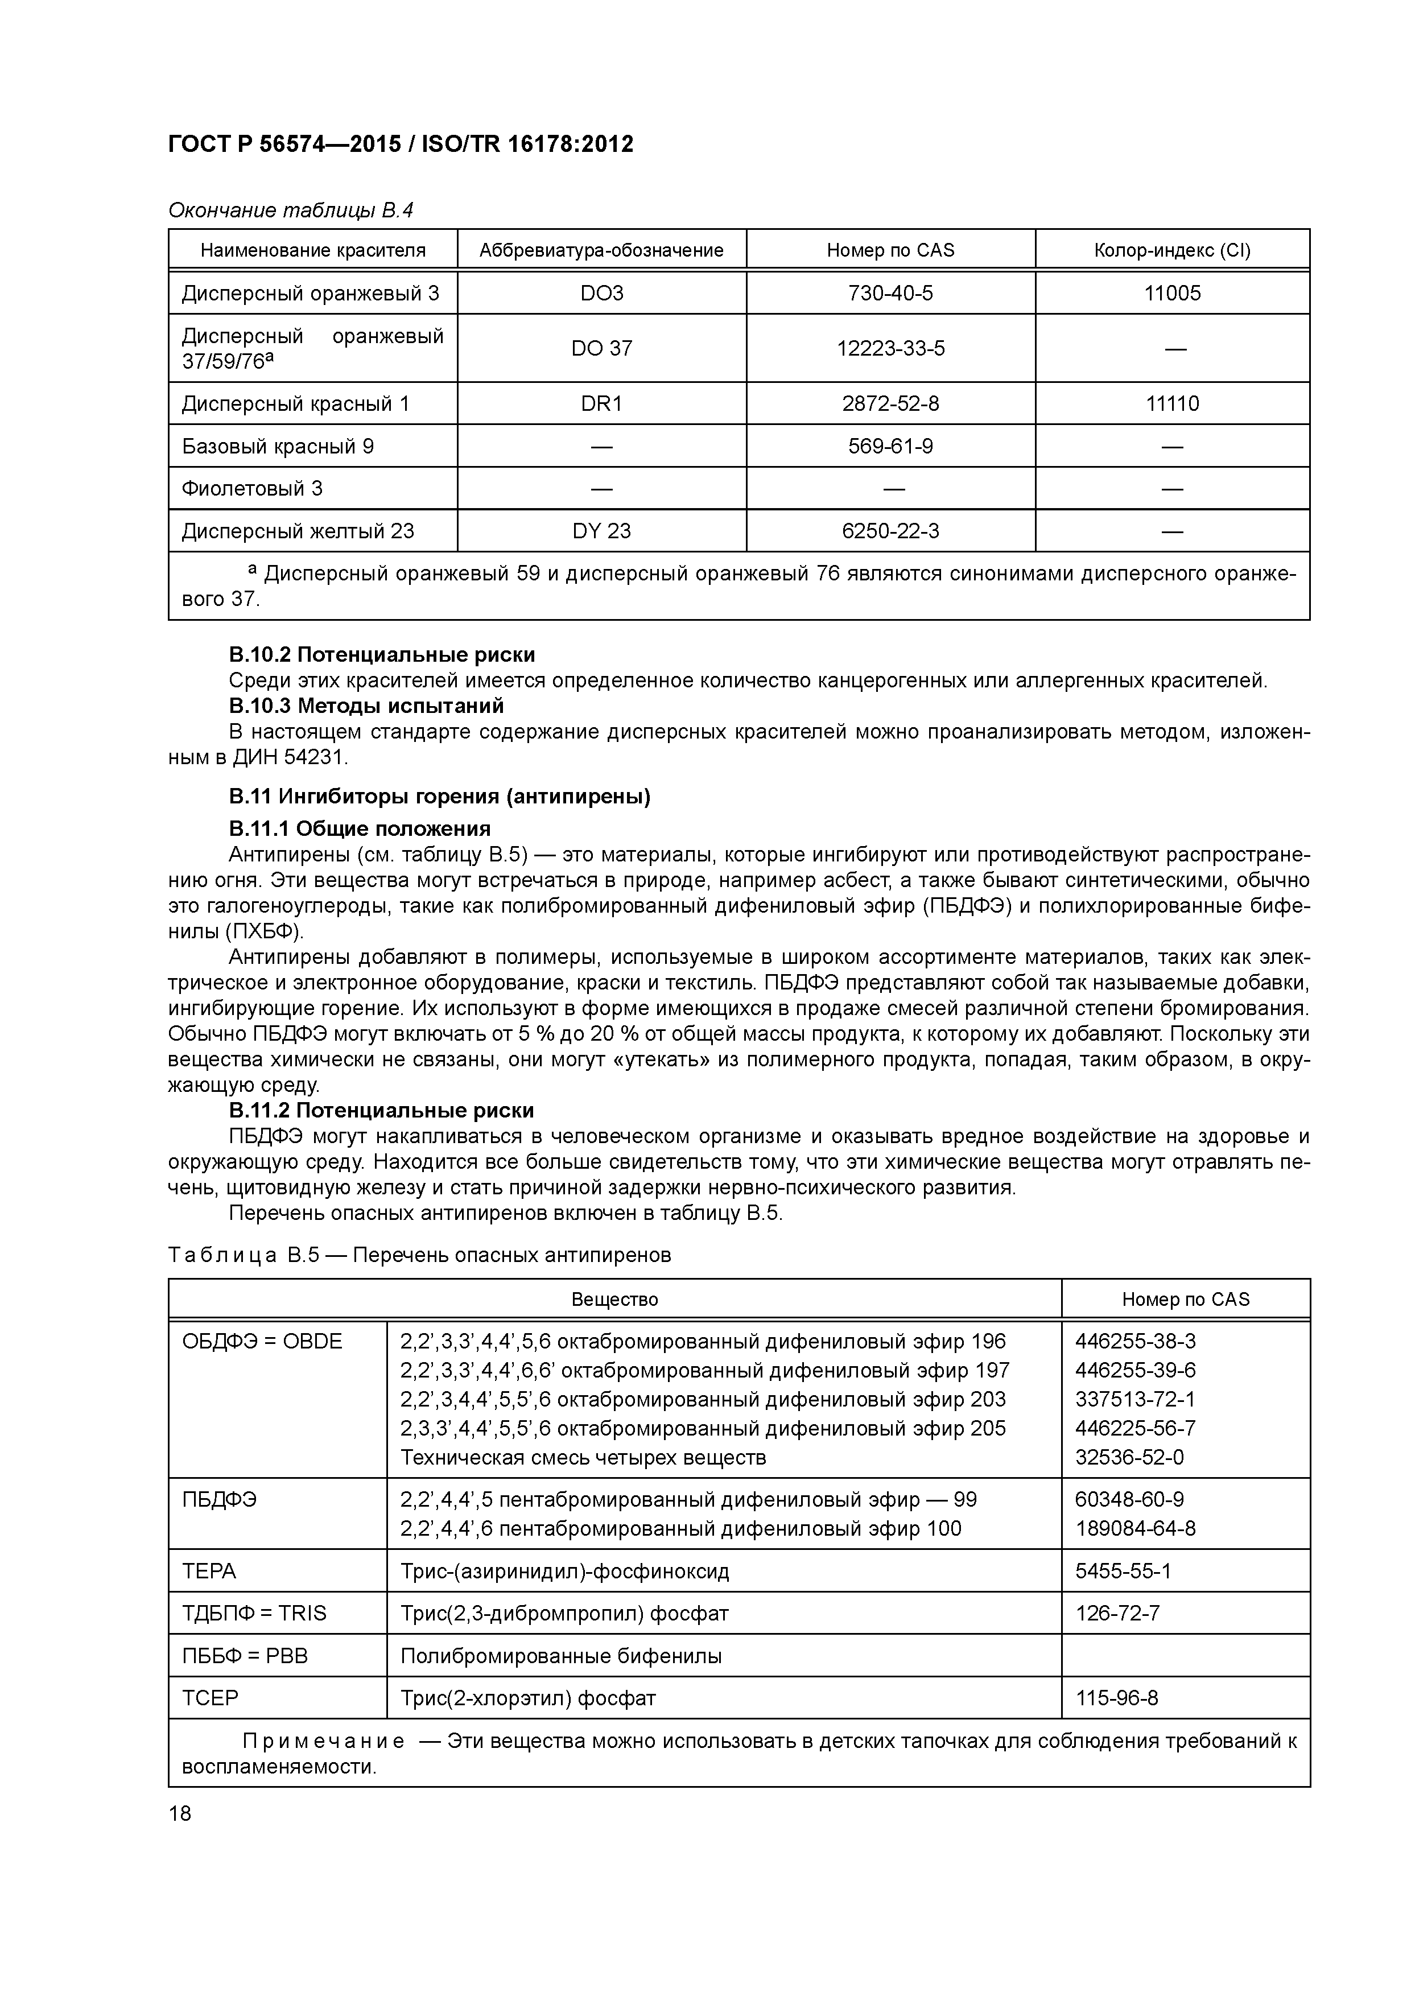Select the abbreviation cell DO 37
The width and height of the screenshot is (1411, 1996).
click(x=601, y=349)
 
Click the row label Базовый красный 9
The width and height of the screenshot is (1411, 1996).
click(x=277, y=446)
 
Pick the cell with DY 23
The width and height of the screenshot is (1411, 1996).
click(x=601, y=530)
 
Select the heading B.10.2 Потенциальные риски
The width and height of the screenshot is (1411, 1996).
click(x=382, y=654)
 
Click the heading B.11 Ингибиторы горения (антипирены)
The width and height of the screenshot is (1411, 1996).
click(x=439, y=797)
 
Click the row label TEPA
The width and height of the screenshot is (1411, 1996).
click(x=209, y=1571)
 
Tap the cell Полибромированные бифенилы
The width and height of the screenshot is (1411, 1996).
click(x=561, y=1656)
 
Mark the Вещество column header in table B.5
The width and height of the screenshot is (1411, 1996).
click(x=614, y=1300)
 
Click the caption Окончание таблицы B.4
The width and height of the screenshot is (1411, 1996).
click(x=290, y=211)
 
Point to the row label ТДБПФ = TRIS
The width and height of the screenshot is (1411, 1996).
click(x=254, y=1614)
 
